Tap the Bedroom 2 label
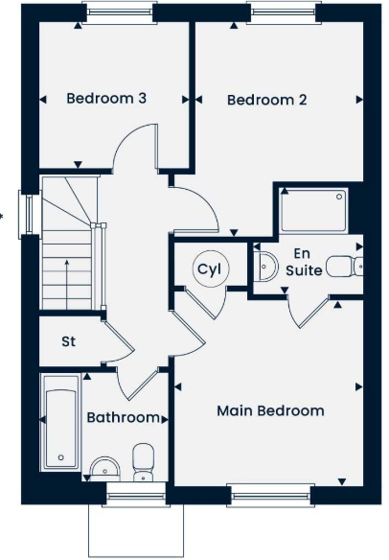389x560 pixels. pos(266,99)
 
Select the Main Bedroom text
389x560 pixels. pos(270,410)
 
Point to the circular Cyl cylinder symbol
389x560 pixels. pos(208,269)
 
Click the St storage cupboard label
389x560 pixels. pos(69,340)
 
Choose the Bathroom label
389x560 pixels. pos(123,417)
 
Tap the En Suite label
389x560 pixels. pos(303,262)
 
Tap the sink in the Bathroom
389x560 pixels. pos(102,468)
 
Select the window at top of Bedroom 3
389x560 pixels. pos(118,13)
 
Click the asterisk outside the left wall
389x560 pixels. pos(3,214)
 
